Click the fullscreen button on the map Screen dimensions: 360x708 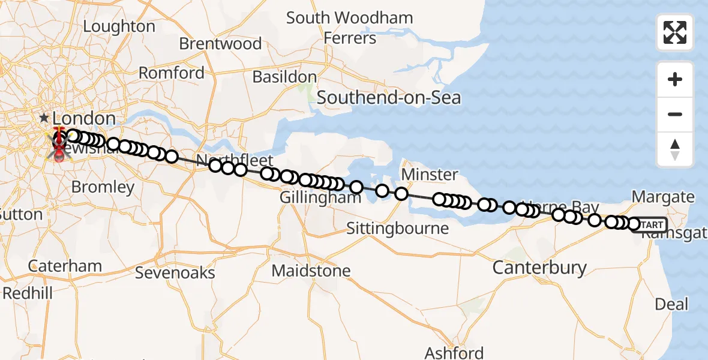click(x=675, y=32)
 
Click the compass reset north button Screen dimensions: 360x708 click(x=675, y=149)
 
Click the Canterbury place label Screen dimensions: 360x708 click(x=539, y=268)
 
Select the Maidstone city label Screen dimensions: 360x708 click(x=311, y=271)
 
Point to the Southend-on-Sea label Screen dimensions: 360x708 click(x=388, y=97)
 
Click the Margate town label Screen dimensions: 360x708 click(x=663, y=197)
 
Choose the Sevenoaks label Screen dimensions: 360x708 click(x=175, y=273)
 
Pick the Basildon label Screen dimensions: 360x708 click(x=284, y=77)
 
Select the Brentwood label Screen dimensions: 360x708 click(x=220, y=44)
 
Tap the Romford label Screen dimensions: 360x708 click(x=172, y=73)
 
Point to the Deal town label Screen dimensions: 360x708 click(x=671, y=304)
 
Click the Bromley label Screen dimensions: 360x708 click(x=103, y=187)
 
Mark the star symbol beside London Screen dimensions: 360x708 click(x=44, y=118)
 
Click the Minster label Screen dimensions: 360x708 click(x=430, y=175)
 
